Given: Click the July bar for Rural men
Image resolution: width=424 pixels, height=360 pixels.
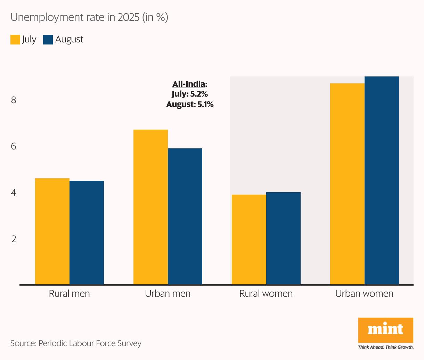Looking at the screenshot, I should (52, 231).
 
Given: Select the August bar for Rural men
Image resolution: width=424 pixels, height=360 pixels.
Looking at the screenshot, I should (87, 232).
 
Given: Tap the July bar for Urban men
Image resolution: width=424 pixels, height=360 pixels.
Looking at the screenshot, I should (150, 207).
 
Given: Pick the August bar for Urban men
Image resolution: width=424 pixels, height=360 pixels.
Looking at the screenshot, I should (185, 216).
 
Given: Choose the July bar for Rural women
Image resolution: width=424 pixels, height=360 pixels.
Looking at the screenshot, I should (249, 239).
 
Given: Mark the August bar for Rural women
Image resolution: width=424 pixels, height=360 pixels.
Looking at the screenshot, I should (283, 238).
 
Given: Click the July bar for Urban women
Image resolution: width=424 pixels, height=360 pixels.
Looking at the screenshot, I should (347, 184).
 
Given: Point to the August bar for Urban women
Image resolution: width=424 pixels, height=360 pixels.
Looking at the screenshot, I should (382, 181).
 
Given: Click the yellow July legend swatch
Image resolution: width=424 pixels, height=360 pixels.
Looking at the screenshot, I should (15, 40).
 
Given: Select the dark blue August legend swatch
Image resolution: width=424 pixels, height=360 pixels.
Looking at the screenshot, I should (48, 40).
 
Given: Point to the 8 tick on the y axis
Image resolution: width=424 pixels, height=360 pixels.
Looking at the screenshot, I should (14, 100).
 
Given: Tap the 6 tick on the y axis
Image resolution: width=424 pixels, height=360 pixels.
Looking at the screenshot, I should (14, 146).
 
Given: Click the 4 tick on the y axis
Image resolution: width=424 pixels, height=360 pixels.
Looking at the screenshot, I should (14, 193).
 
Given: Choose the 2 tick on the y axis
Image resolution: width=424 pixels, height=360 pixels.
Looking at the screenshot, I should (14, 239).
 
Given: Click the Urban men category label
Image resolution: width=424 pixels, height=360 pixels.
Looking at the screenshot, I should (168, 294).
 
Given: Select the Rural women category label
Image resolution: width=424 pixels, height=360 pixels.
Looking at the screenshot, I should (266, 294).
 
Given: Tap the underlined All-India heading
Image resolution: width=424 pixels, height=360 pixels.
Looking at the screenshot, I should (190, 84).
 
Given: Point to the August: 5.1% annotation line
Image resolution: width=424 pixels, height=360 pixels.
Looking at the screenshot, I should (190, 104).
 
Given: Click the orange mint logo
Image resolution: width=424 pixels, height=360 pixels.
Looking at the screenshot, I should (385, 330).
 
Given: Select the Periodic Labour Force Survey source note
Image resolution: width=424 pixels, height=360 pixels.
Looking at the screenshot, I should (76, 343).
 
